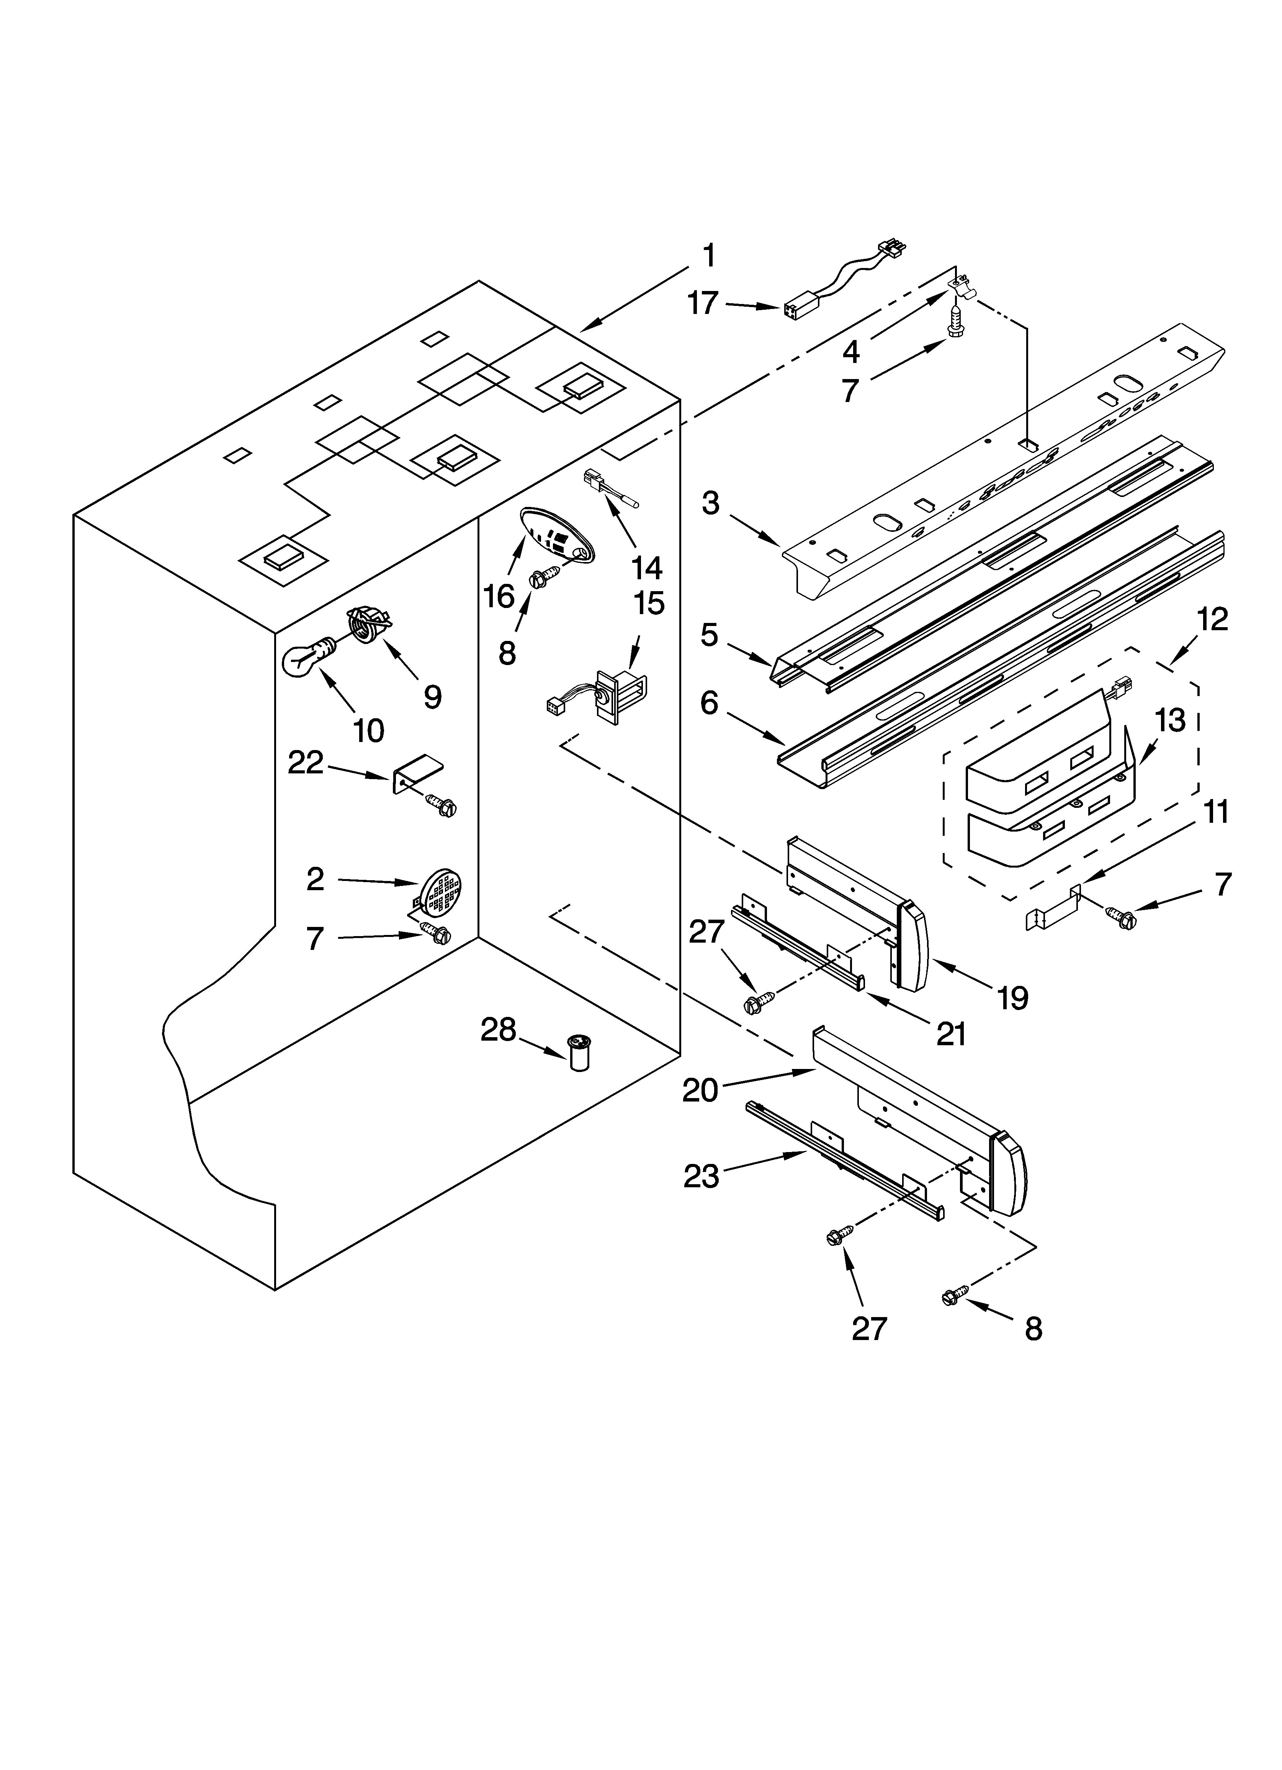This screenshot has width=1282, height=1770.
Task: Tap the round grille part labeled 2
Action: click(x=440, y=890)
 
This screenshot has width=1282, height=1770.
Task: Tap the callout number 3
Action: click(x=710, y=503)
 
